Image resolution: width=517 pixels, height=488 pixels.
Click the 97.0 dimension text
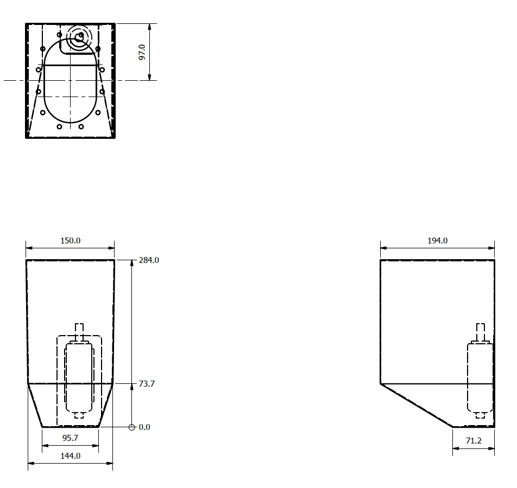tap(142, 52)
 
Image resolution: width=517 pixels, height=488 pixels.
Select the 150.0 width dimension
tap(70, 241)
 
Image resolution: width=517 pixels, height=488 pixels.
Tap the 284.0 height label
tap(149, 260)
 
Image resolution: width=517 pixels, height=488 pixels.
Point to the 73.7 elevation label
tap(147, 383)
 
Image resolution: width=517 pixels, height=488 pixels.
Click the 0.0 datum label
tap(144, 427)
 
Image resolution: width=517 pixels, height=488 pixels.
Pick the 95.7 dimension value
tap(70, 438)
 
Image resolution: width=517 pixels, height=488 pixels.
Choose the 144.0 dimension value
tap(70, 455)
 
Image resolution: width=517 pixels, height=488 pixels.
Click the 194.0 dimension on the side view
tap(438, 241)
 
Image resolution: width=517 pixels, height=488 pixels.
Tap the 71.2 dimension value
tap(474, 441)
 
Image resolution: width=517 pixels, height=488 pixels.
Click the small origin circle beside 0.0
tap(131, 427)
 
